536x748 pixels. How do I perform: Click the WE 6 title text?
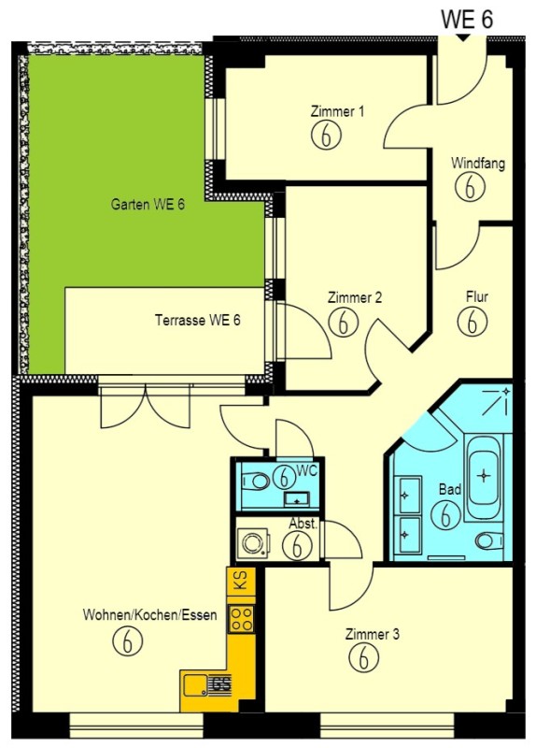pos(467,19)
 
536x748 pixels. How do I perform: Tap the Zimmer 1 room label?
pos(337,111)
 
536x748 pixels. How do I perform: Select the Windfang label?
pos(478,163)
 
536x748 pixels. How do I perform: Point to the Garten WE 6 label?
pos(148,205)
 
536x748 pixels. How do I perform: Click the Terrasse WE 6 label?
pos(198,320)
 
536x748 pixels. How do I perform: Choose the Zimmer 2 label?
pos(355,297)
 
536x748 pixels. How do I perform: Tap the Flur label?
pos(477,296)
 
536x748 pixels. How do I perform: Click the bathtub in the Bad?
pos(484,477)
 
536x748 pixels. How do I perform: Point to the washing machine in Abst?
pos(253,543)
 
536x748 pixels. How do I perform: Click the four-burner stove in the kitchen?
pos(241,618)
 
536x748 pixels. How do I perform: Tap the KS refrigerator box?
pos(241,581)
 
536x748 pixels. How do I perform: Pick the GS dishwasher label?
pos(221,684)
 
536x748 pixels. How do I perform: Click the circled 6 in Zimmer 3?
pos(363,658)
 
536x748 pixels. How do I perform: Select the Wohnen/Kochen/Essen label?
pos(149,614)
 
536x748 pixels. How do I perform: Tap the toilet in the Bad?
pos(489,540)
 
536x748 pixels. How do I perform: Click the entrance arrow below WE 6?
pos(461,37)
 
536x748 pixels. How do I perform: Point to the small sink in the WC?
pos(296,499)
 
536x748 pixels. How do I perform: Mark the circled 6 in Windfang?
pos(470,186)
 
